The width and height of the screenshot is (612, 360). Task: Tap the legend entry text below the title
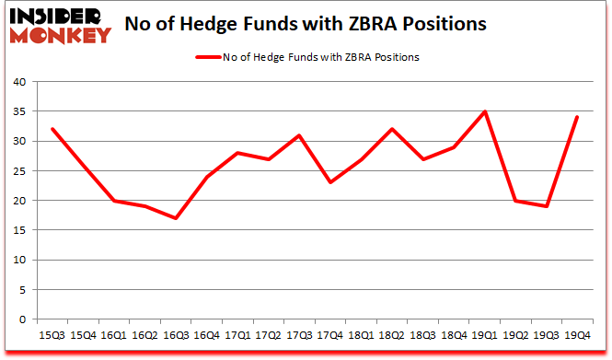click(320, 57)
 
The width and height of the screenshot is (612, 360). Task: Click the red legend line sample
click(208, 57)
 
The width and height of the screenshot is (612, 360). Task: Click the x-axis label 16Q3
click(175, 336)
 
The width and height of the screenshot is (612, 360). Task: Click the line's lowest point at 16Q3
click(175, 218)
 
